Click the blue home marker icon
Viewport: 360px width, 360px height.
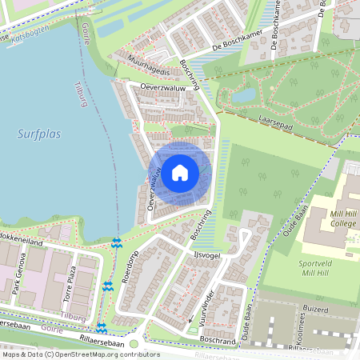(180, 173)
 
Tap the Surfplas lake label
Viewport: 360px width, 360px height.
(38, 134)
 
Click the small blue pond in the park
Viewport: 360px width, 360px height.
(244, 95)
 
